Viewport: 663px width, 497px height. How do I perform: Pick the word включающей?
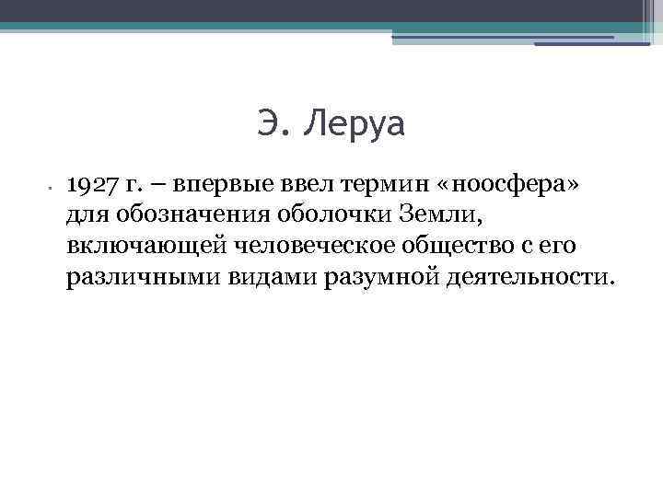click(x=147, y=247)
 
